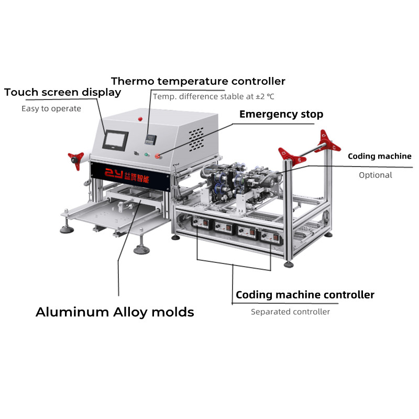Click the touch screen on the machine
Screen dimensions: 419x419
click(115, 140)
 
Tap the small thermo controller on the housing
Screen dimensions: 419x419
click(150, 139)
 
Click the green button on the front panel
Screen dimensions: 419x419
click(147, 155)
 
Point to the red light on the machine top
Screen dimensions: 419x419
click(140, 119)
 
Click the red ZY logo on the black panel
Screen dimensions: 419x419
click(113, 174)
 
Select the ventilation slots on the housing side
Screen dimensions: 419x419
click(196, 139)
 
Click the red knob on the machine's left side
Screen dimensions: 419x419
click(76, 160)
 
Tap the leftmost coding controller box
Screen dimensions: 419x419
click(202, 222)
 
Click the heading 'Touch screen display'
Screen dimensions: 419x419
click(62, 93)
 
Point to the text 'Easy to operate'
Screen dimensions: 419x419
click(51, 109)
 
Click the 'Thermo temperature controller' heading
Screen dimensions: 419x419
click(198, 81)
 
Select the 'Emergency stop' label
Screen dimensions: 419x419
click(281, 114)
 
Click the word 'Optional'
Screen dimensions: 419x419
click(376, 175)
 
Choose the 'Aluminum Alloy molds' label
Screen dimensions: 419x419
click(115, 312)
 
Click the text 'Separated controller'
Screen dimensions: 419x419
click(290, 312)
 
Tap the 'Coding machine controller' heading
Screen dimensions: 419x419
click(305, 295)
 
